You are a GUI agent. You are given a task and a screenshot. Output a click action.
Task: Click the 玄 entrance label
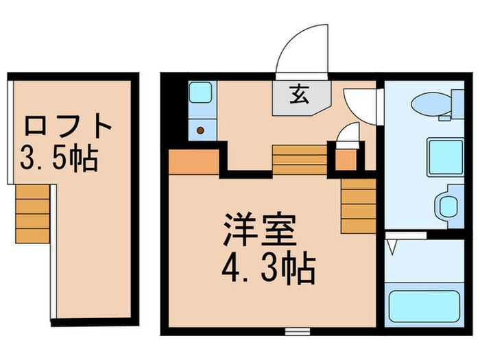click(299, 95)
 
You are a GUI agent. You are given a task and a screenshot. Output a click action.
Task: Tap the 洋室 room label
click(260, 230)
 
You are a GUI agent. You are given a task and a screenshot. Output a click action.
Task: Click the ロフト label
click(68, 126)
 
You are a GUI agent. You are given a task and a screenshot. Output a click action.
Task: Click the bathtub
click(424, 306)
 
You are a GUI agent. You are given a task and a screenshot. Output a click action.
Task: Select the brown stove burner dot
click(200, 130)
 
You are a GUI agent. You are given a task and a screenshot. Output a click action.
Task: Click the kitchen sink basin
click(200, 93)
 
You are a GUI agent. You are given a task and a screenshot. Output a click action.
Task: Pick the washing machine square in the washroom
click(446, 157)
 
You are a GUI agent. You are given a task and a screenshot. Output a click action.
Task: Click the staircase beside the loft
click(32, 214)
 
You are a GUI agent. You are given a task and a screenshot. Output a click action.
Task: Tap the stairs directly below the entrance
click(300, 160)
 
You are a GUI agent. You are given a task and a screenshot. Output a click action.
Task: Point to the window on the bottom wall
click(298, 331)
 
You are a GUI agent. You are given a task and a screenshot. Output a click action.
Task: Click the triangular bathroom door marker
click(392, 247)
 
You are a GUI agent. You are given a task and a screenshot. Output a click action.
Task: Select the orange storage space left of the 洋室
click(194, 162)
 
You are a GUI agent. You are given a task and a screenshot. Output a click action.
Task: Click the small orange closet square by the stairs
click(346, 160)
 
